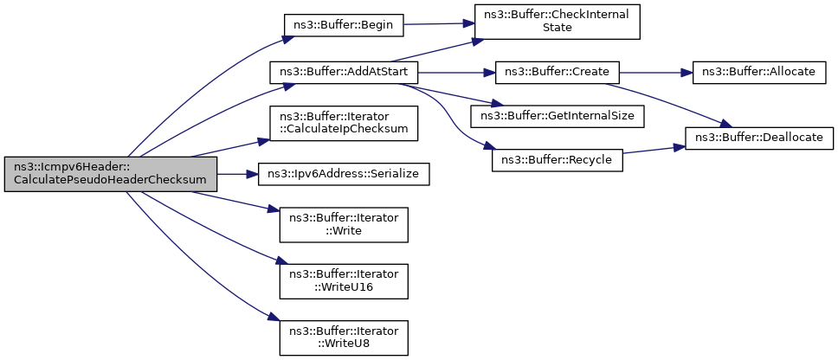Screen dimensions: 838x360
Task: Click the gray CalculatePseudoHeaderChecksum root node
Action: tap(111, 174)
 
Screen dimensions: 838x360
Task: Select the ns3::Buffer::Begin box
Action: tap(343, 24)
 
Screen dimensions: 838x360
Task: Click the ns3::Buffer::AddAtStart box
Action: tap(344, 72)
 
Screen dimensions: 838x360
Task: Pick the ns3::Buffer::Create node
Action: tap(558, 72)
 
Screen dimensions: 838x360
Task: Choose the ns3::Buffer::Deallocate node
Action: tap(758, 138)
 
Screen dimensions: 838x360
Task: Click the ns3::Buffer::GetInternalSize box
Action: tap(558, 117)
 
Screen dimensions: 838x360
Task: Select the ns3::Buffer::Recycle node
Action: tap(558, 160)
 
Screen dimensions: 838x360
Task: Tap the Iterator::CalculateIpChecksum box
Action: tap(344, 124)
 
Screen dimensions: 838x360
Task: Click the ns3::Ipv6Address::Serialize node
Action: tap(344, 175)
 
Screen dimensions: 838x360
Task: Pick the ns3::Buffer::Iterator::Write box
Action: tap(344, 225)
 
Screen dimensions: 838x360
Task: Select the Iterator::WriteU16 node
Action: tap(344, 281)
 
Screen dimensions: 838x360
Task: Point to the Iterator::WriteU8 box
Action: tap(344, 338)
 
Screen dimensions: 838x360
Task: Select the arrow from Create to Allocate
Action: tap(656, 72)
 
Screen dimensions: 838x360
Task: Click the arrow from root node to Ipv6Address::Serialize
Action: tap(238, 175)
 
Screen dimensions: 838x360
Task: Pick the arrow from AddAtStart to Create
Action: tap(456, 72)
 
